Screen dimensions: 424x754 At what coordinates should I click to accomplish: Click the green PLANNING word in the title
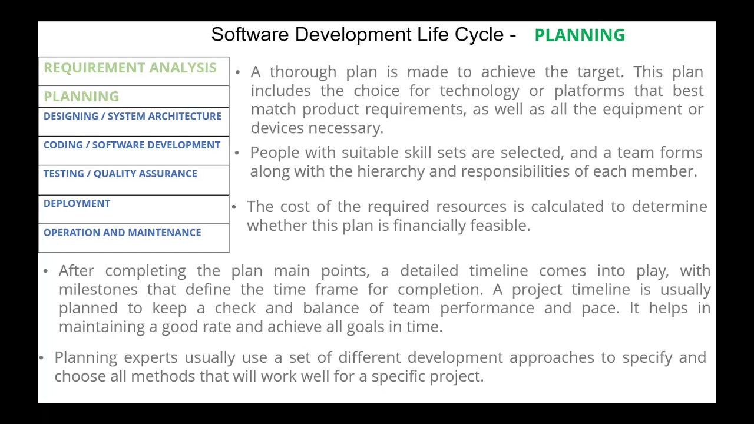click(579, 35)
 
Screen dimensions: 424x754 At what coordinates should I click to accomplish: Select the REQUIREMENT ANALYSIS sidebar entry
click(130, 68)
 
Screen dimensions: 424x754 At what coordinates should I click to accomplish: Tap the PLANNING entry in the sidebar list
click(81, 97)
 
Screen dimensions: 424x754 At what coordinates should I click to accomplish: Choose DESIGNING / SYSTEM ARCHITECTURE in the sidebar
click(132, 116)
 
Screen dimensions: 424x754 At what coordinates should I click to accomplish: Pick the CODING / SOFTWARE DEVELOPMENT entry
click(131, 145)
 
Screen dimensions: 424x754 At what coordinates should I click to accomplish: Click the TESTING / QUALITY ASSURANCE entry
click(120, 174)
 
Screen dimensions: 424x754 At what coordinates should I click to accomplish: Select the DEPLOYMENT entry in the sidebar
click(77, 203)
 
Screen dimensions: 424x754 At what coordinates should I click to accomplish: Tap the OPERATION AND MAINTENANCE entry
click(122, 233)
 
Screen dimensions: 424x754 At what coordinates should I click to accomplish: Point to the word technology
click(479, 91)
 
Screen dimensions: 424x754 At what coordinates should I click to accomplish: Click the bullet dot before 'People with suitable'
click(237, 153)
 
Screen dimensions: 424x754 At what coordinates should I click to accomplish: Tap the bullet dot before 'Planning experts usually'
click(41, 358)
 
